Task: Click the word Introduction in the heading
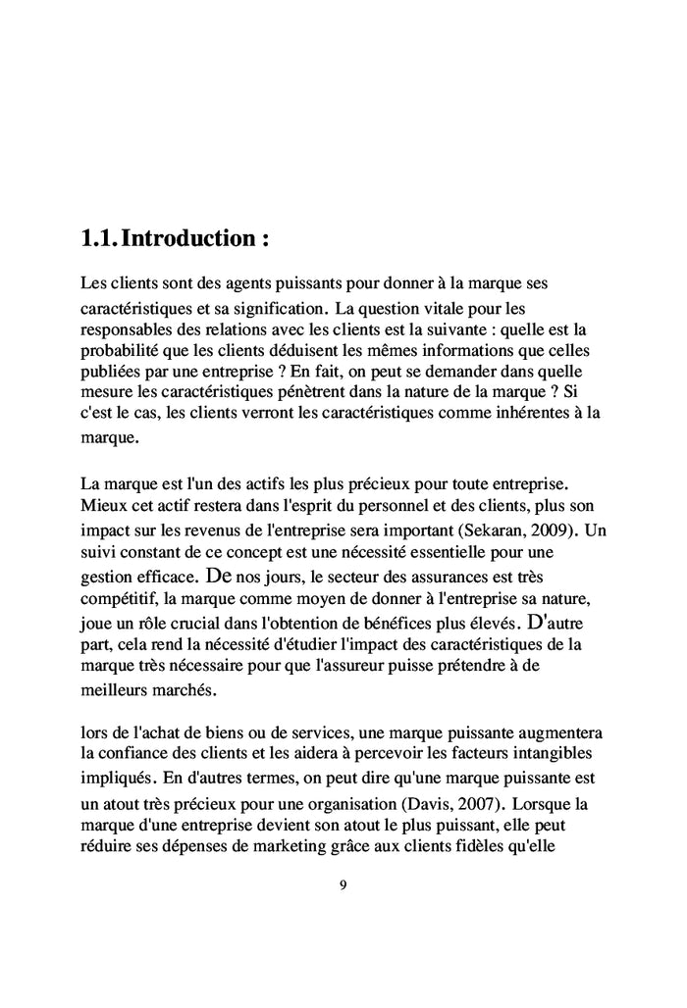[x=198, y=237]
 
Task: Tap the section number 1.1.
[x=101, y=237]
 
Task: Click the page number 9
[x=343, y=885]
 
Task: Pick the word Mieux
[x=100, y=508]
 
